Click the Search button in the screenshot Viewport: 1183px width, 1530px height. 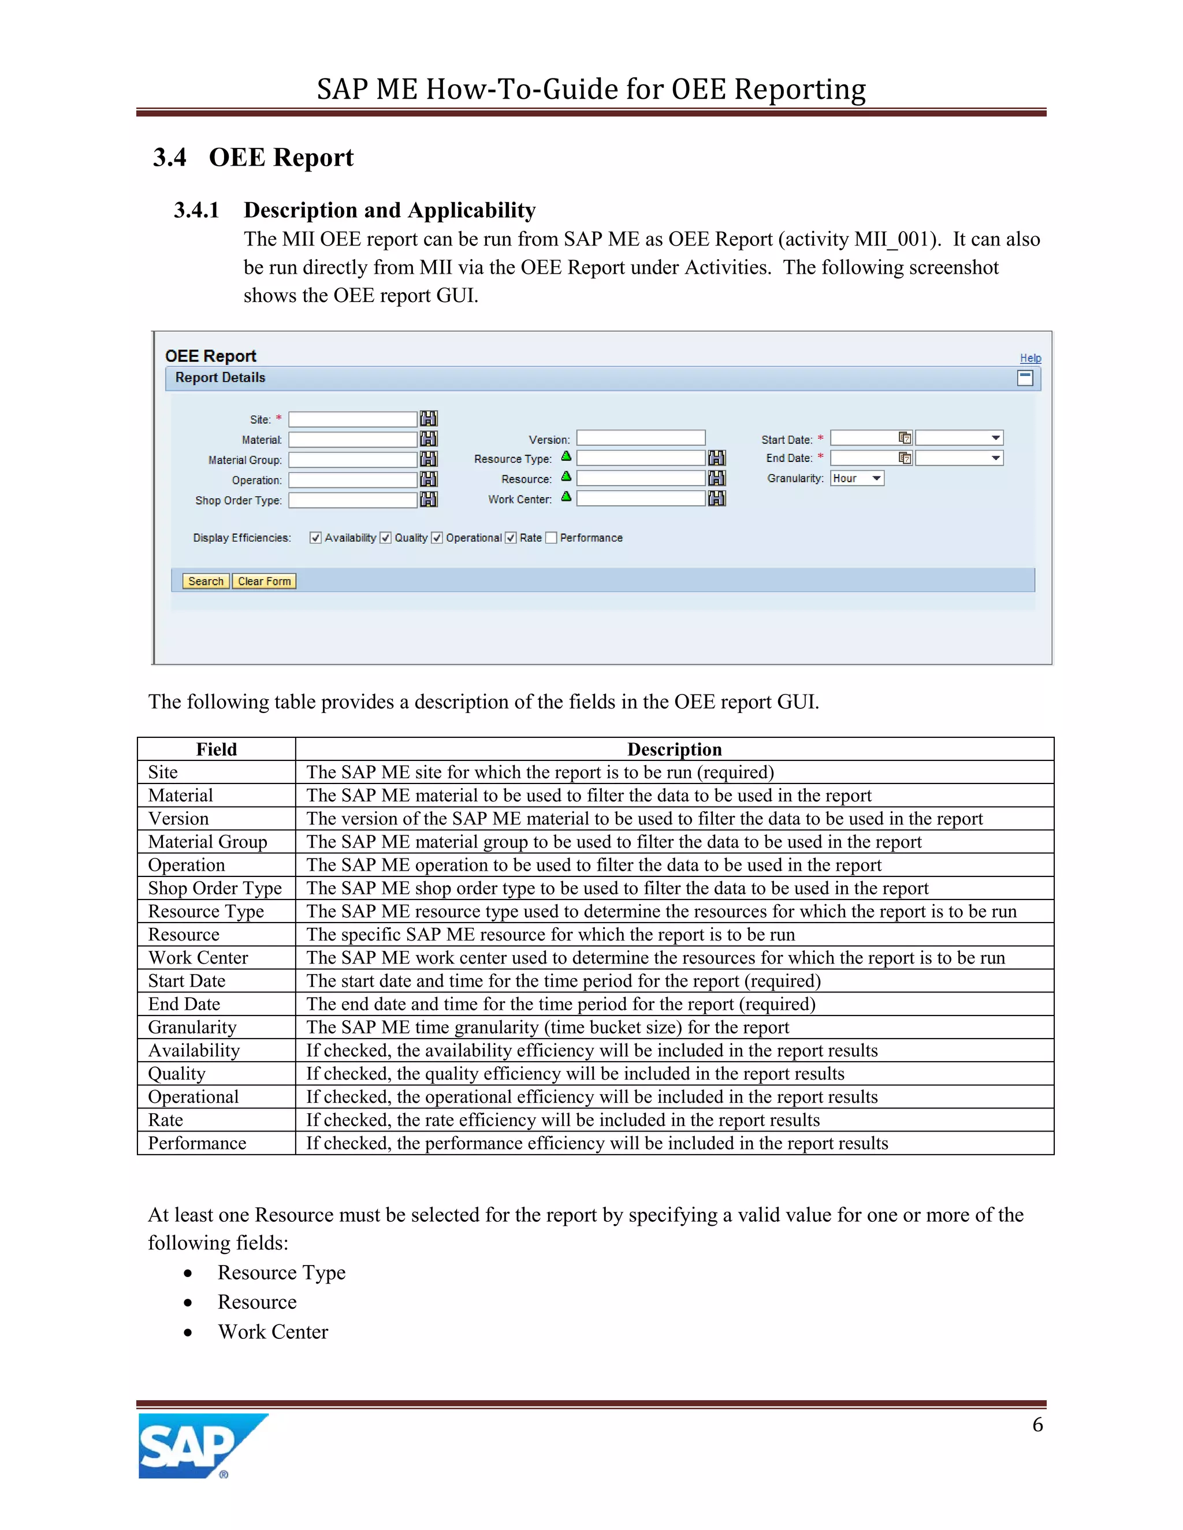point(205,581)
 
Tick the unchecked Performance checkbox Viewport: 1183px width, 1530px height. point(551,538)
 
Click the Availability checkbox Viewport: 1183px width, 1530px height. point(316,538)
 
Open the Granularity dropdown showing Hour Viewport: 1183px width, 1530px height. point(857,479)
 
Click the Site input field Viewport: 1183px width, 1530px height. point(352,420)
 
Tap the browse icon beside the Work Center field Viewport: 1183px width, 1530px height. point(717,499)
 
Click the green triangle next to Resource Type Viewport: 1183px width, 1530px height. point(566,457)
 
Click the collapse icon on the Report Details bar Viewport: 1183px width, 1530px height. point(1025,378)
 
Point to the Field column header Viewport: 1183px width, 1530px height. point(217,749)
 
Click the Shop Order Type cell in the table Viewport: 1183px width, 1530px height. point(215,889)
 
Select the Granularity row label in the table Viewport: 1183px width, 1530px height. point(192,1028)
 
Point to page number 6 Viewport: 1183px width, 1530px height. point(1037,1425)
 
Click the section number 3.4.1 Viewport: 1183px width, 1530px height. point(196,210)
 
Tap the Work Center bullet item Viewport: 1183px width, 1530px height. point(273,1332)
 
